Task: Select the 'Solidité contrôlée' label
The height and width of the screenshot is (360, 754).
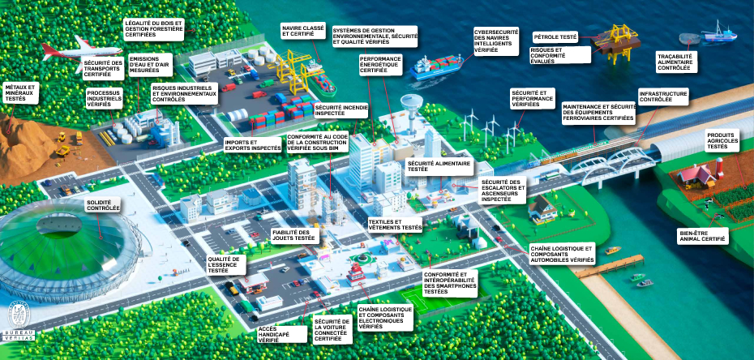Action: point(103,205)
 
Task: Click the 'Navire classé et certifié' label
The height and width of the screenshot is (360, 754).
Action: point(303,32)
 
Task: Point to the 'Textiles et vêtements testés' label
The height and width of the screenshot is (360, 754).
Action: point(395,225)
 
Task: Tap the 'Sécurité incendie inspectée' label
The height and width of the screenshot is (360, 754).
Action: point(341,111)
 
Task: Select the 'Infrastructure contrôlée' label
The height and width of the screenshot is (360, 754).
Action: point(662,99)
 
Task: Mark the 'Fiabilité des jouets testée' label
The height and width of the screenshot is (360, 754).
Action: point(293,235)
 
